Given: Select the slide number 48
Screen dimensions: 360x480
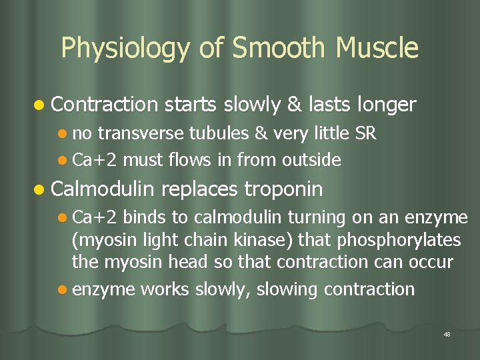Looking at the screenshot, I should (447, 334).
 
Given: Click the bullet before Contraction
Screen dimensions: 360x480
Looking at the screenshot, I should (41, 105).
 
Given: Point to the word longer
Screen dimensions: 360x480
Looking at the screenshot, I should (387, 105).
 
